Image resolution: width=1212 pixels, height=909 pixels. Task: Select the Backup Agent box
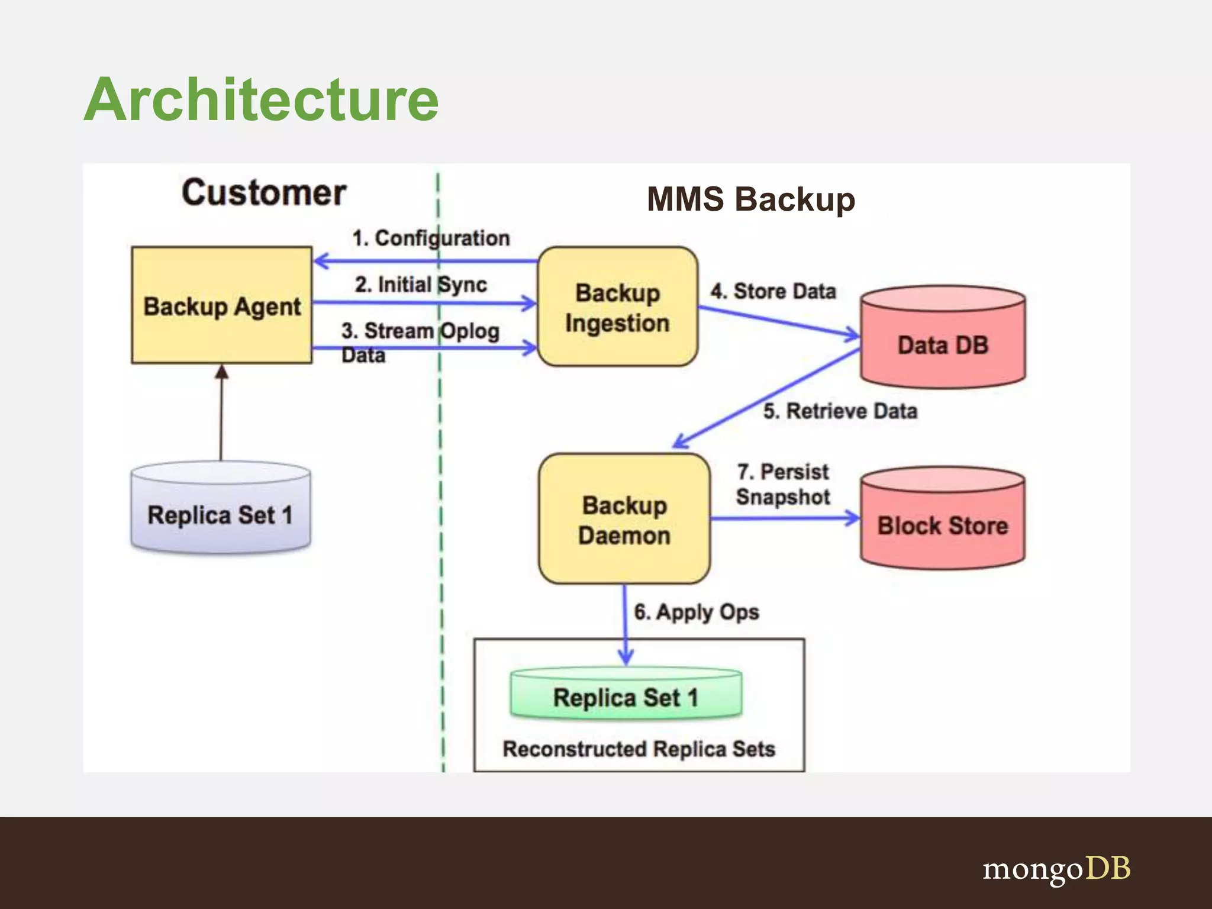[221, 305]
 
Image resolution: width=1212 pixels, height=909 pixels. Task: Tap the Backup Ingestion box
[617, 307]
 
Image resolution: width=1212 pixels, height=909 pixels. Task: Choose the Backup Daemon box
[624, 520]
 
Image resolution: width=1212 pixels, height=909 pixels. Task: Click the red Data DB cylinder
[943, 343]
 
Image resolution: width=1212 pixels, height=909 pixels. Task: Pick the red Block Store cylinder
[942, 524]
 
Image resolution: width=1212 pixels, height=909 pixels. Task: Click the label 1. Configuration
[431, 238]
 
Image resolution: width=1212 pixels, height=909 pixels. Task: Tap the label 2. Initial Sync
[421, 284]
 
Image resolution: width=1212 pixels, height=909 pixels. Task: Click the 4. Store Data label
[773, 291]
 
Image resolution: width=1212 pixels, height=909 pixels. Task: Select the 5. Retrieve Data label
[840, 411]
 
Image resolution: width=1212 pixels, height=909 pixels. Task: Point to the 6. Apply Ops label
[696, 612]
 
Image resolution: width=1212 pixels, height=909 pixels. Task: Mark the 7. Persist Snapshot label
[782, 484]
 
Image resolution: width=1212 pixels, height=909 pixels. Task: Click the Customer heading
[264, 193]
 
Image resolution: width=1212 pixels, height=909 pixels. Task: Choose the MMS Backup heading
[750, 199]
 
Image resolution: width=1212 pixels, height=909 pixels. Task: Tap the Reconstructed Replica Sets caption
[639, 749]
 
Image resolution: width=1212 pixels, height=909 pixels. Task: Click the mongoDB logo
[1056, 869]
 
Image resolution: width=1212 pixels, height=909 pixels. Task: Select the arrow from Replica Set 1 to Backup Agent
[221, 414]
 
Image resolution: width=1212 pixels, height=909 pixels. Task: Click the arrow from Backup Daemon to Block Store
[784, 518]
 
